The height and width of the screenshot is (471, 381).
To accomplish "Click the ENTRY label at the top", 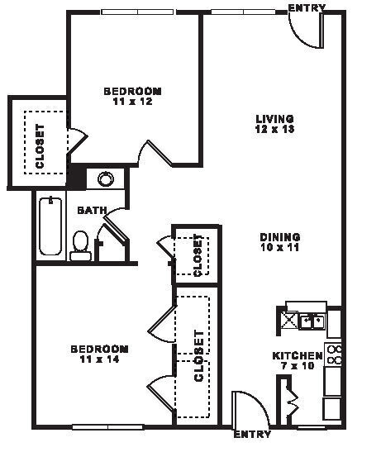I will click(306, 7).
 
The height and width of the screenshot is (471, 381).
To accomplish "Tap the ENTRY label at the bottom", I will click(252, 435).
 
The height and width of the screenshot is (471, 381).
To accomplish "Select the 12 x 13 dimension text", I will click(275, 129).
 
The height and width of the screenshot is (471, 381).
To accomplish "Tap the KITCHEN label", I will click(297, 356).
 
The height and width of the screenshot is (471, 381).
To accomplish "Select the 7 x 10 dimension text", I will click(297, 366).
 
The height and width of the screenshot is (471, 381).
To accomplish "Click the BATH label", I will click(91, 211).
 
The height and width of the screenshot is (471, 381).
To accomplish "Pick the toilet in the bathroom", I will click(80, 245).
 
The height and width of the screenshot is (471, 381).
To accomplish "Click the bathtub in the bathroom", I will click(50, 226).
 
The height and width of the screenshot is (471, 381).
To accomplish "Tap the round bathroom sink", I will click(106, 178).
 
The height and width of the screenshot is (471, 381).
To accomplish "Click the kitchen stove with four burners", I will click(334, 354).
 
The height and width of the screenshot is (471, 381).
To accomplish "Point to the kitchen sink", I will click(312, 320).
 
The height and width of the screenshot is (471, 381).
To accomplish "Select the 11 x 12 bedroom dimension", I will click(131, 102).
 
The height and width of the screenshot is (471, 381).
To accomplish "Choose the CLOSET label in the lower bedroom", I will click(198, 356).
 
